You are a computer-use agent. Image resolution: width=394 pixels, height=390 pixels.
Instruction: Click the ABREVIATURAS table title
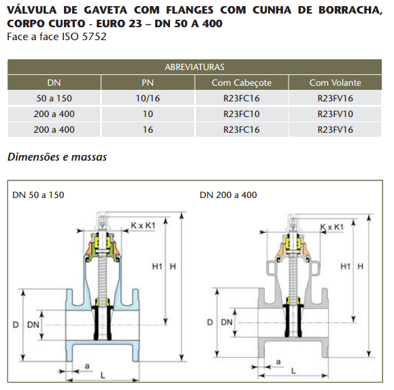pyautogui.click(x=195, y=67)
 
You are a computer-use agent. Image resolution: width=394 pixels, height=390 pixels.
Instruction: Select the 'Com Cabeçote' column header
pyautogui.click(x=242, y=82)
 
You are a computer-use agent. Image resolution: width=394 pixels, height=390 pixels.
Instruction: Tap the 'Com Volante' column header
pyautogui.click(x=335, y=82)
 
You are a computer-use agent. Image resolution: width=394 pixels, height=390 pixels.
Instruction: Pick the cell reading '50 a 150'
pyautogui.click(x=54, y=98)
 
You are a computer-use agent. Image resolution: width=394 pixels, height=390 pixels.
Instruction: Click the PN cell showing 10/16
pyautogui.click(x=148, y=98)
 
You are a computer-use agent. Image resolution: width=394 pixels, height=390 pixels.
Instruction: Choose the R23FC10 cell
pyautogui.click(x=242, y=114)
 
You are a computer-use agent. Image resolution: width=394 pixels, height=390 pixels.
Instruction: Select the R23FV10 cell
pyautogui.click(x=335, y=114)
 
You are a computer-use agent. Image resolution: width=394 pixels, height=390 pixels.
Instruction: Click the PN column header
pyautogui.click(x=148, y=82)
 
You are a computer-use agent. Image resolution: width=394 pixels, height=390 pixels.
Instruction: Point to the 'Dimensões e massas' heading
pyautogui.click(x=57, y=157)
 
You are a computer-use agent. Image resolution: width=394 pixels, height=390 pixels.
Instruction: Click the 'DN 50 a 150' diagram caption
pyautogui.click(x=38, y=195)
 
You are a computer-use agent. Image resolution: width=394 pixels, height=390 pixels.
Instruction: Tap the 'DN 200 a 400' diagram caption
pyautogui.click(x=228, y=195)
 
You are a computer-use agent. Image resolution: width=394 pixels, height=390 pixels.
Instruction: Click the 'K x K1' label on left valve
pyautogui.click(x=143, y=225)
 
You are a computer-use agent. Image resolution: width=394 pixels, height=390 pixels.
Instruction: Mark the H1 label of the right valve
pyautogui.click(x=345, y=266)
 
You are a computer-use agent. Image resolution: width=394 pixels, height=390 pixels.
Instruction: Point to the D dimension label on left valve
pyautogui.click(x=16, y=325)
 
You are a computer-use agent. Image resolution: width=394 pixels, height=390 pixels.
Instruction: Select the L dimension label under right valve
pyautogui.click(x=293, y=371)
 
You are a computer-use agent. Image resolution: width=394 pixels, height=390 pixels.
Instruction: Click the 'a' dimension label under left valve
pyautogui.click(x=87, y=366)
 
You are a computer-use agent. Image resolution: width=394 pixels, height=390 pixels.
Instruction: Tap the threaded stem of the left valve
pyautogui.click(x=102, y=276)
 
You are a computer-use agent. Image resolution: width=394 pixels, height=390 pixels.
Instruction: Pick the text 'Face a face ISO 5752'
pyautogui.click(x=56, y=37)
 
